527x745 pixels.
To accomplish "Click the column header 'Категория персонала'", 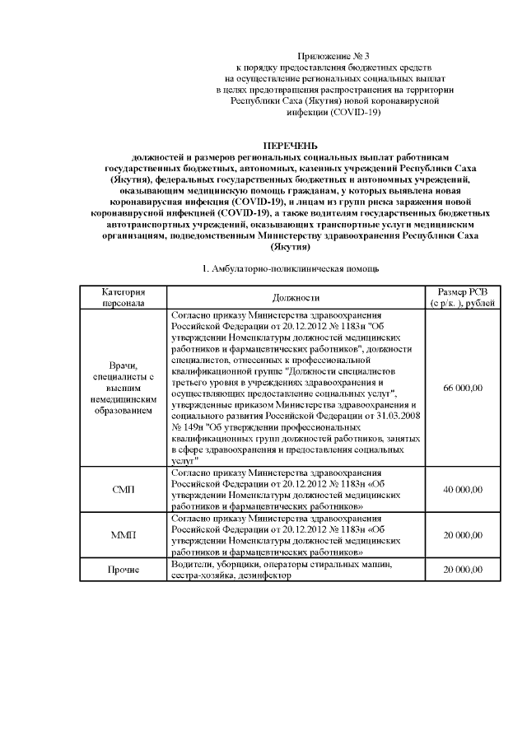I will pyautogui.click(x=124, y=297).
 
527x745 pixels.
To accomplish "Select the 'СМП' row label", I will pyautogui.click(x=124, y=489).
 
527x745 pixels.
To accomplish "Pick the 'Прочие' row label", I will pyautogui.click(x=124, y=570).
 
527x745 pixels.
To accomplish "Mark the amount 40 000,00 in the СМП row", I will pyautogui.click(x=462, y=489).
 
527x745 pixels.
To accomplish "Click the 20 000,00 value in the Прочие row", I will pyautogui.click(x=462, y=570).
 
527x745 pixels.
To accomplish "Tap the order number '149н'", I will pyautogui.click(x=191, y=427).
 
